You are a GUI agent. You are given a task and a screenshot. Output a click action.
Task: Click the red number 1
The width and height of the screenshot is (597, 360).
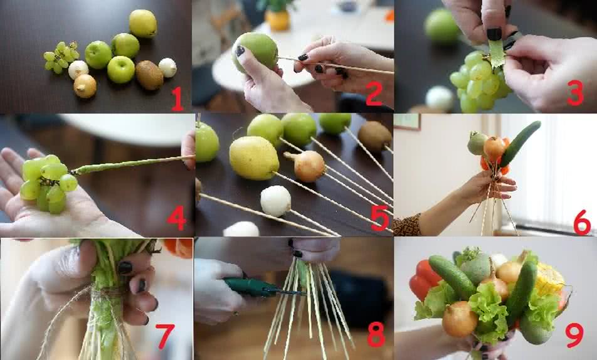coord(177,98)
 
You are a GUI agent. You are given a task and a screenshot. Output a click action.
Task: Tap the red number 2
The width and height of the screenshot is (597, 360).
coord(374,93)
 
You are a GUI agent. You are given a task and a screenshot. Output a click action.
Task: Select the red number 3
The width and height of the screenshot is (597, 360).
coord(575,93)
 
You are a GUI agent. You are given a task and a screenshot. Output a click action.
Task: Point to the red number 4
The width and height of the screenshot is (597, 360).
coord(176,218)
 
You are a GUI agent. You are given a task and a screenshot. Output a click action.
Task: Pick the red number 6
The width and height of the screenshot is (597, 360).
coord(582,223)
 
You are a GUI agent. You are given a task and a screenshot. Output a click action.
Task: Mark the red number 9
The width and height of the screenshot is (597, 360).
coord(574,336)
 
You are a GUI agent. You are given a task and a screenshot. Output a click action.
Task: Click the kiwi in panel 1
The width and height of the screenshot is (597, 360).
coord(149,75)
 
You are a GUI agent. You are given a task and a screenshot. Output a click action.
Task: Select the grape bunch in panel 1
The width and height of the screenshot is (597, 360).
coord(61,57)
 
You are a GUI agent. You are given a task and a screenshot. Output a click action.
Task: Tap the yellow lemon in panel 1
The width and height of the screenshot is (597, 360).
coord(143,24)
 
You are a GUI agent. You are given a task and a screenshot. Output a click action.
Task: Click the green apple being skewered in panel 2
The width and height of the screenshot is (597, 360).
coord(255,53)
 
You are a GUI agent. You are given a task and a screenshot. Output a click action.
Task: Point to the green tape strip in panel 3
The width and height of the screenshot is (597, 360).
coord(495,54)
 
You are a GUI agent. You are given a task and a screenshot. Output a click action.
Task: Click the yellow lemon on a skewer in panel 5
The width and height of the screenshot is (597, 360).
coord(254,157)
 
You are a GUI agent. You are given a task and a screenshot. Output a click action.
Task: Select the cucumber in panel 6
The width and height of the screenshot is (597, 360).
coord(520,144)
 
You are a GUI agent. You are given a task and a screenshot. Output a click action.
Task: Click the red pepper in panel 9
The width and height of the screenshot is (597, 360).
coord(424,280)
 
